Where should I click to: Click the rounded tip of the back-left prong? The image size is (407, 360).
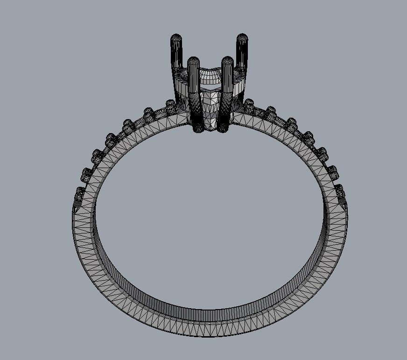(176, 37)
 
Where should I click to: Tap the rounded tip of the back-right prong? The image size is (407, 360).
(242, 37)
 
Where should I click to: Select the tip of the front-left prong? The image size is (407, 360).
(193, 61)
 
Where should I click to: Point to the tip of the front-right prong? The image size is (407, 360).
(227, 61)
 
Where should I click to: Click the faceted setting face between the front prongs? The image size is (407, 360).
(211, 110)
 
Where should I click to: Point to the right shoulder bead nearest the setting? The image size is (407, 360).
(249, 103)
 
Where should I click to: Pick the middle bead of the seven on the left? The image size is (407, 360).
(127, 125)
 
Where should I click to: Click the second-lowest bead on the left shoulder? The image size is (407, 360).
(87, 173)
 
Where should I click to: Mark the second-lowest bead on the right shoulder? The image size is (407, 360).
(333, 170)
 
